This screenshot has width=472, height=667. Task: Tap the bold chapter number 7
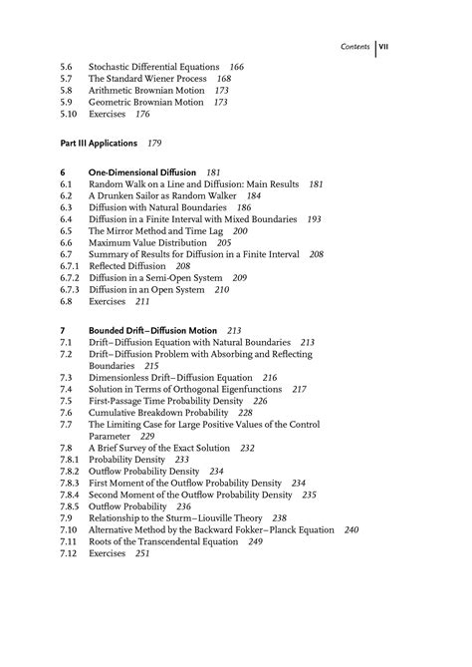tap(62, 329)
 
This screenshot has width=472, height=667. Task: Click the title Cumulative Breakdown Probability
tap(159, 412)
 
